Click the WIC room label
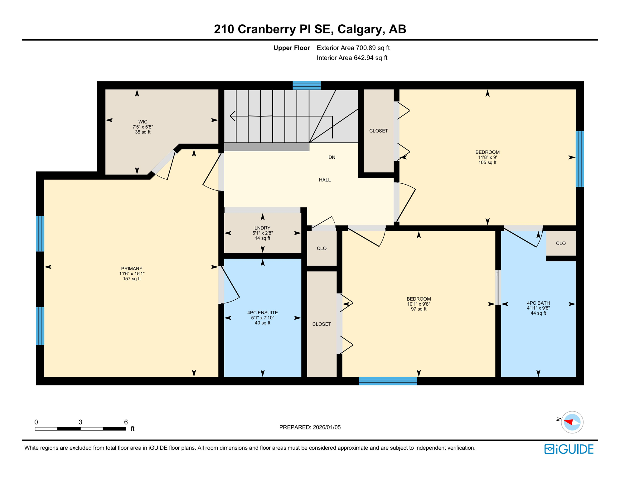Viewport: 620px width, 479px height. (143, 127)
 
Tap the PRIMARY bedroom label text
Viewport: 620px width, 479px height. (132, 273)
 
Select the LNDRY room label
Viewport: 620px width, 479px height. (262, 233)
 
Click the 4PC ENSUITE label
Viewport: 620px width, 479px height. (262, 317)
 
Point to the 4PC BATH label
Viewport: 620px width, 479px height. (538, 307)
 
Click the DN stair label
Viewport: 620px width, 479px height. (332, 157)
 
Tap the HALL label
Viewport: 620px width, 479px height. (325, 180)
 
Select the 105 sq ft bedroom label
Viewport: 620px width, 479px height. (487, 157)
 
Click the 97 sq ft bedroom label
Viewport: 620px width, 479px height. (419, 303)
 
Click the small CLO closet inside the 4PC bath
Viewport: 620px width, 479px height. (561, 243)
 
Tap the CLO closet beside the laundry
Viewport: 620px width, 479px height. (322, 248)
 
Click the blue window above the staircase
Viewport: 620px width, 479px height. (307, 85)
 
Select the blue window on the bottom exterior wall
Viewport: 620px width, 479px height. (388, 381)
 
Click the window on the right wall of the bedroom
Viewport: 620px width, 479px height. (579, 159)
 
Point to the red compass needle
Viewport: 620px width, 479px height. (569, 422)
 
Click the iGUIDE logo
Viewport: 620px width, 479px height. (569, 449)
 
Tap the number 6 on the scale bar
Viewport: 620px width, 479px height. (126, 422)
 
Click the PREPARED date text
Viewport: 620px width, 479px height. (310, 427)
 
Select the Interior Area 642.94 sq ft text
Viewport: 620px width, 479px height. (352, 58)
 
